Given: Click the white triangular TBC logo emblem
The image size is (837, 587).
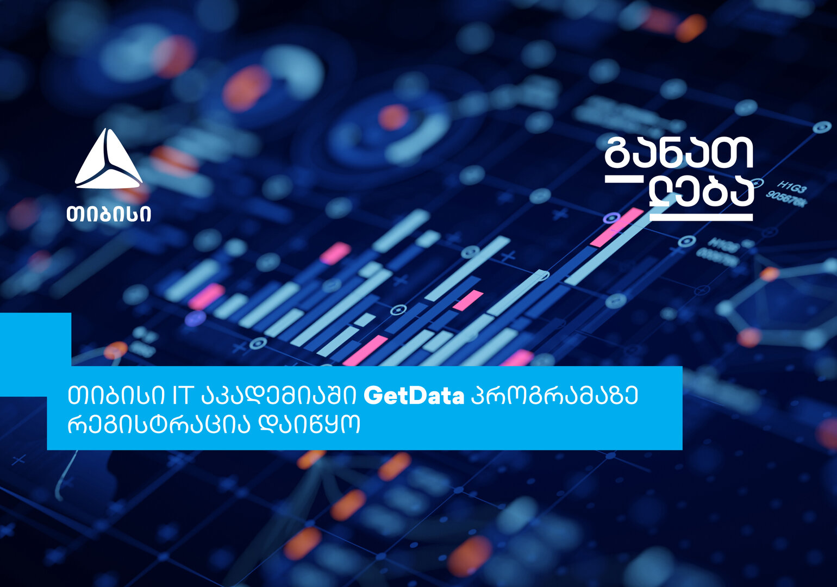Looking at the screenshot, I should click(109, 160).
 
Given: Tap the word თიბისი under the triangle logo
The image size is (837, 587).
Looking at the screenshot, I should click(109, 214).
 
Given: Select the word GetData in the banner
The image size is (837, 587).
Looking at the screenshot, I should click(414, 396).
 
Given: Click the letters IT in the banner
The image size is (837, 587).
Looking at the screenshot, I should click(182, 396).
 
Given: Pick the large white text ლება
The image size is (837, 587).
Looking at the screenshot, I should click(702, 193).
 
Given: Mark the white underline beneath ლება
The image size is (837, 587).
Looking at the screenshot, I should click(702, 217).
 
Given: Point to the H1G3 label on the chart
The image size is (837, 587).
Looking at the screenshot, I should click(791, 188).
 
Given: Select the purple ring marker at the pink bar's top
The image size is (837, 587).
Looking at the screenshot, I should click(611, 218).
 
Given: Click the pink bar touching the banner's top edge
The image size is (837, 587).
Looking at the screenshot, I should click(517, 358).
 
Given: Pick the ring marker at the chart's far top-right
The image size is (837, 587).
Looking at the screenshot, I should click(821, 128).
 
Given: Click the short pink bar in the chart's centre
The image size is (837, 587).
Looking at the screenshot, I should click(467, 300).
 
